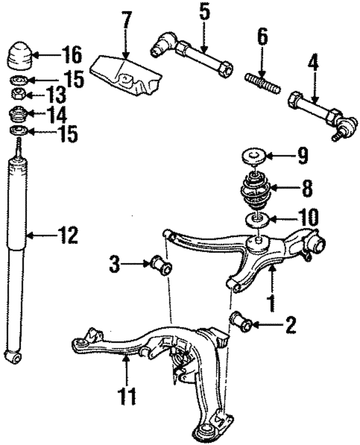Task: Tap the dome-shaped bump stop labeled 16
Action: pyautogui.click(x=20, y=56)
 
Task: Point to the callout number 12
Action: pyautogui.click(x=67, y=235)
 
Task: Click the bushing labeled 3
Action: pyautogui.click(x=161, y=265)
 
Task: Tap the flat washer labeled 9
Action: pyautogui.click(x=254, y=156)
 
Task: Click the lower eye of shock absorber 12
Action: pyautogui.click(x=13, y=357)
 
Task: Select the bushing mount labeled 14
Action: pyautogui.click(x=18, y=113)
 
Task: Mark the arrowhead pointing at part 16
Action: pyautogui.click(x=35, y=55)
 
